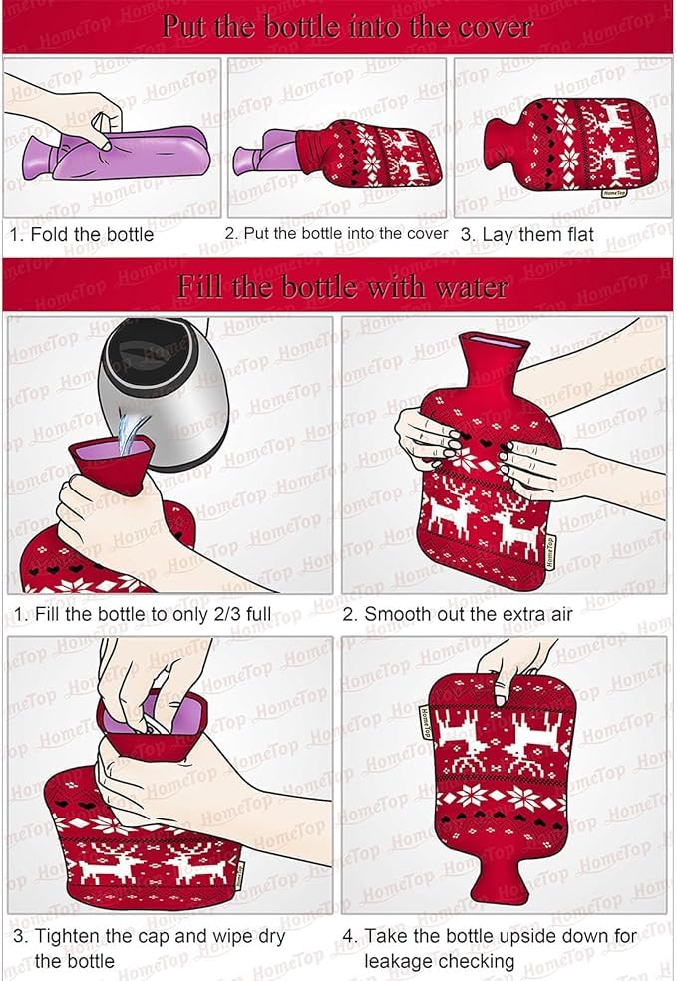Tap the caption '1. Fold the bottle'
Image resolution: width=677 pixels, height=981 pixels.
coord(82,235)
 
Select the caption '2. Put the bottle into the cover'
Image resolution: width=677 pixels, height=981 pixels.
coord(336,234)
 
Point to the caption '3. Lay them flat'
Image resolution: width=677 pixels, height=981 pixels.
coord(526,235)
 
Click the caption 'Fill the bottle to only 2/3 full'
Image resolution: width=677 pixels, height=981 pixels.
coord(143,614)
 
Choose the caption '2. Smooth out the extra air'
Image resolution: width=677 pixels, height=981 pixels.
coord(458,614)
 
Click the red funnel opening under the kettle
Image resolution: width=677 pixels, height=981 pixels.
coord(110,464)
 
